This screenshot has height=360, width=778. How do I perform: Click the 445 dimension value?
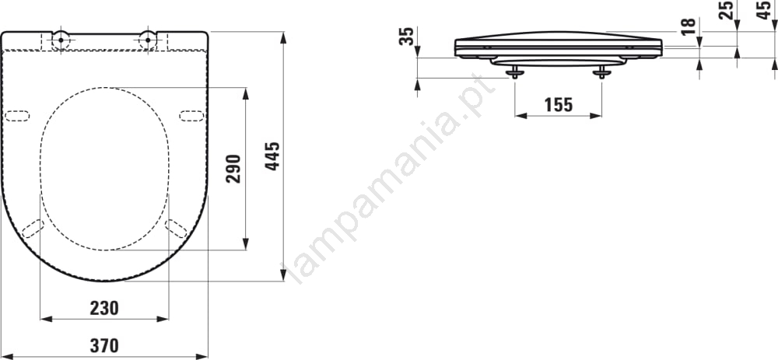click(272, 156)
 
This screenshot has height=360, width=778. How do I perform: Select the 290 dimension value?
click(233, 169)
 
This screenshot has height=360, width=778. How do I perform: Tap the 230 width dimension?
click(104, 309)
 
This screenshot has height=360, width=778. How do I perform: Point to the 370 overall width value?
click(104, 345)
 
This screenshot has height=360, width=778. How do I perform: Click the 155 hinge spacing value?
click(558, 105)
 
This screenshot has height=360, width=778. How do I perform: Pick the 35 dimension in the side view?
click(406, 37)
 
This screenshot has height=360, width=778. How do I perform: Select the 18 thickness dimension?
click(688, 26)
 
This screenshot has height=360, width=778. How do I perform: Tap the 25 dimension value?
click(726, 10)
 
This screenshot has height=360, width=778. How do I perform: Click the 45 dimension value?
click(765, 10)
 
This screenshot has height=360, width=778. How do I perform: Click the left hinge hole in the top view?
click(61, 39)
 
